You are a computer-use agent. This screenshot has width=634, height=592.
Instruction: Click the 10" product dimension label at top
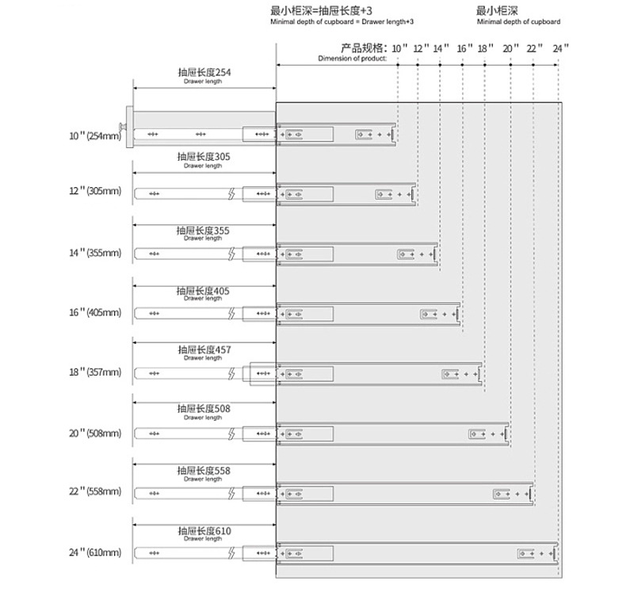(399, 49)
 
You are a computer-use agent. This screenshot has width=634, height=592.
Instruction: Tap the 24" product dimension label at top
(561, 49)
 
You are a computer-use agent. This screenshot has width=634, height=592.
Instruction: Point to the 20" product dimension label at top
(511, 49)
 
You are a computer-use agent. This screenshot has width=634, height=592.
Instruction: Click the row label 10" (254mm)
(95, 136)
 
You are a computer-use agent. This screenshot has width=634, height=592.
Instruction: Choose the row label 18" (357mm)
(95, 372)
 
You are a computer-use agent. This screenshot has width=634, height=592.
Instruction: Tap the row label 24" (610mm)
(95, 552)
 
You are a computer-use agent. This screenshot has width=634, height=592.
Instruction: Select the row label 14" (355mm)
(95, 254)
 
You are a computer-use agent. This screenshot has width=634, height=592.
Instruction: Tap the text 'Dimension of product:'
(352, 59)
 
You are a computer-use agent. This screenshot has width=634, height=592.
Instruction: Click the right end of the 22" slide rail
(531, 493)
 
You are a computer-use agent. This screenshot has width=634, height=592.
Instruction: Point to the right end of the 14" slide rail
(435, 254)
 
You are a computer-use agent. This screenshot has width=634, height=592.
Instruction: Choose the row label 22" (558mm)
(95, 492)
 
